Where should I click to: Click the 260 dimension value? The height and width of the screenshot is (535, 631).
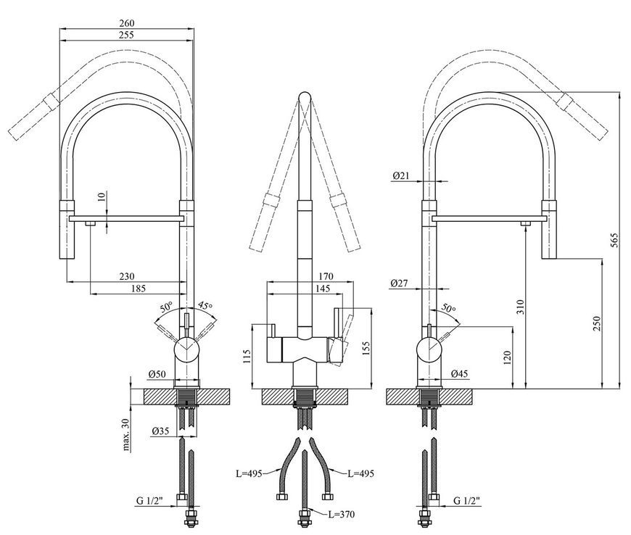click(x=127, y=23)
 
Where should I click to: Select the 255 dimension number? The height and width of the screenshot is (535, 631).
click(x=127, y=35)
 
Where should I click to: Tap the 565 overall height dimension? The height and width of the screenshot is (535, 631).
click(x=614, y=240)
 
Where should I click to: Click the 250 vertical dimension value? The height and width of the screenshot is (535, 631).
click(x=596, y=323)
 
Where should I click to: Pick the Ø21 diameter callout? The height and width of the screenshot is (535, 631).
click(x=401, y=175)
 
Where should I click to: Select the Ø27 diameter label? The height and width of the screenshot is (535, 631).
click(x=399, y=283)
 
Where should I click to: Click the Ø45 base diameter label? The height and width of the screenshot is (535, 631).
click(x=460, y=373)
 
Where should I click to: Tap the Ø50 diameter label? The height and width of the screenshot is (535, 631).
click(x=157, y=373)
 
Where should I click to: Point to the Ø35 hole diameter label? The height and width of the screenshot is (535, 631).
click(x=160, y=431)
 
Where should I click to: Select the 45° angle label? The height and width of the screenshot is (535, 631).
click(x=205, y=306)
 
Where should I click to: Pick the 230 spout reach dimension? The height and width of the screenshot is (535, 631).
click(x=127, y=276)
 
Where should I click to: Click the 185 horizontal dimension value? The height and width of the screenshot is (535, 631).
click(x=138, y=288)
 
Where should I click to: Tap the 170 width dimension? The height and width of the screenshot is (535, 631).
click(x=326, y=276)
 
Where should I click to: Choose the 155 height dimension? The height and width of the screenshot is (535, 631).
click(x=365, y=349)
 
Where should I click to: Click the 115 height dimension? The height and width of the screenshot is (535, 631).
click(x=247, y=356)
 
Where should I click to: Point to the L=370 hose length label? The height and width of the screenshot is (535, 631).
click(x=342, y=514)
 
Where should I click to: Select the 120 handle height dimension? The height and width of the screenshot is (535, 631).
click(x=507, y=358)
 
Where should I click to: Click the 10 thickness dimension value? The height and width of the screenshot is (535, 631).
click(x=101, y=196)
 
